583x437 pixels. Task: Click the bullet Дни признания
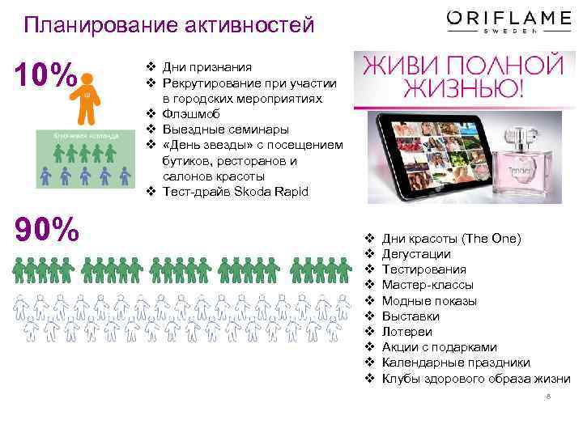pos(206,67)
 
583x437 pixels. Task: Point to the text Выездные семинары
pos(213,129)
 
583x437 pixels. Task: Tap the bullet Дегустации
pos(416,254)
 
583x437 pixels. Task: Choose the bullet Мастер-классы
pos(428,285)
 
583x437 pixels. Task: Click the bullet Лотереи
pos(406,332)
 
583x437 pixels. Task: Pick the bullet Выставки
pos(411,316)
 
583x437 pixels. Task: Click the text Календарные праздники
pos(456,363)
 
